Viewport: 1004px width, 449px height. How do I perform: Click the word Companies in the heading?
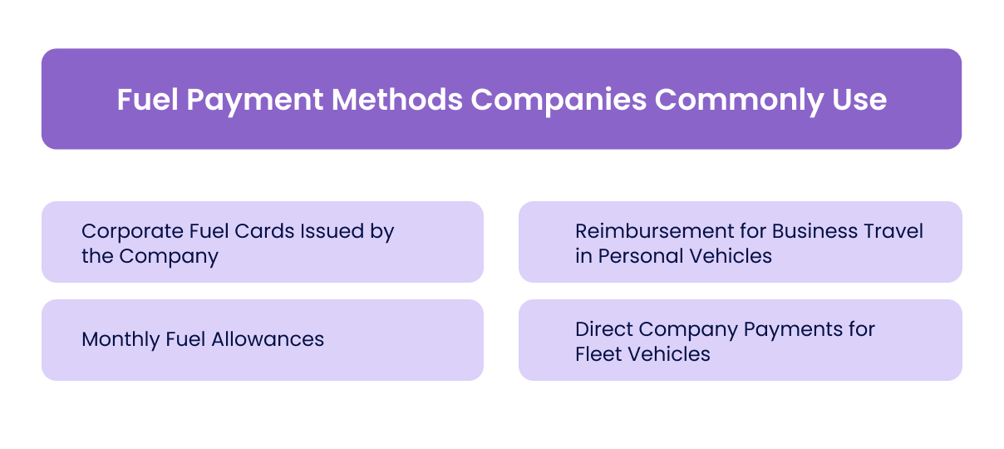pos(559,100)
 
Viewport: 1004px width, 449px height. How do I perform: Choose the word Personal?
pos(637,256)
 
